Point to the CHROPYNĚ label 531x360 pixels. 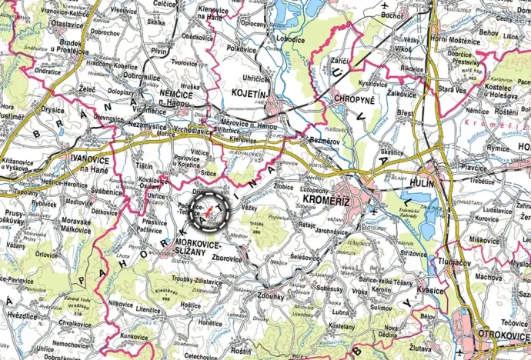tap(354, 99)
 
